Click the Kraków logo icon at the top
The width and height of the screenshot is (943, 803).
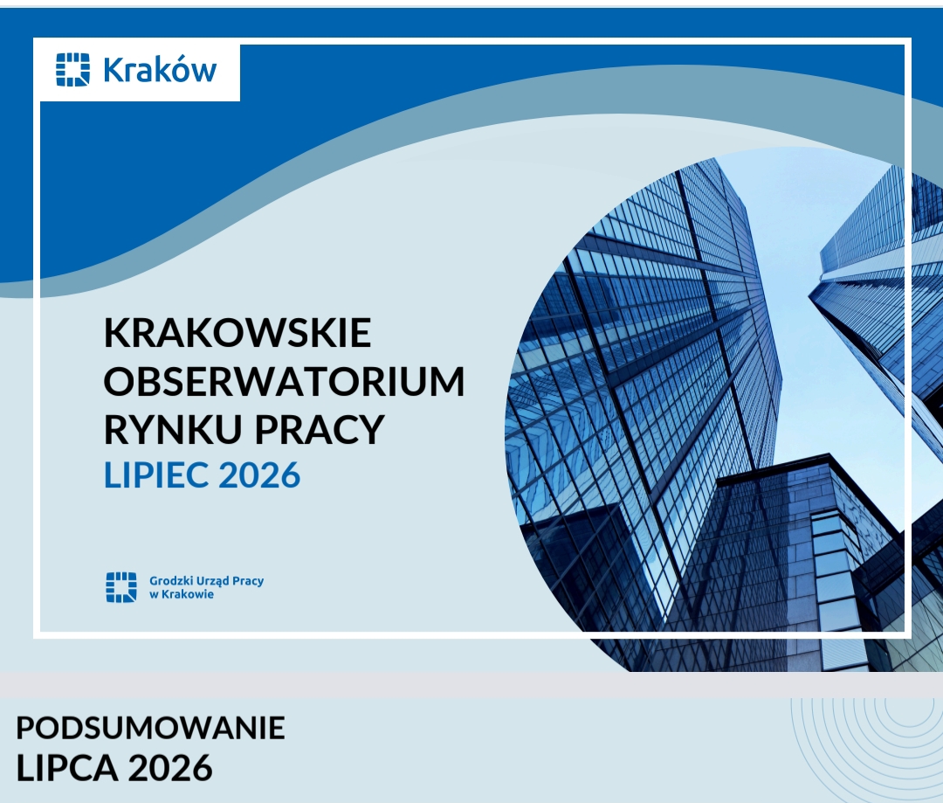(72, 70)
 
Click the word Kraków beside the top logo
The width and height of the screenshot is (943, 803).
(160, 70)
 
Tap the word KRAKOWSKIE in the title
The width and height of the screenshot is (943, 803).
(237, 332)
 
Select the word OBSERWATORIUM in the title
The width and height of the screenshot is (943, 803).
(285, 380)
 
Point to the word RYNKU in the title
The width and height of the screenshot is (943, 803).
(173, 429)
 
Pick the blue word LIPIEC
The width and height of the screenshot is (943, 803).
(156, 475)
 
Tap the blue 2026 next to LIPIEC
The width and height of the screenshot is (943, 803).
(259, 475)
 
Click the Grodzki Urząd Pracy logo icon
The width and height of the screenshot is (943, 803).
(121, 587)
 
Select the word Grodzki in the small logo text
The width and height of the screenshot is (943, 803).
(169, 581)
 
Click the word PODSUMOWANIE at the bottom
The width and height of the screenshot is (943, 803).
(150, 728)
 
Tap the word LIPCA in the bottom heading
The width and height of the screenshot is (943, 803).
(67, 768)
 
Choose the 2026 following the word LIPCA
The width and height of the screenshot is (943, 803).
(170, 768)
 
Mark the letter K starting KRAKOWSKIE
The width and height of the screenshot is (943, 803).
(116, 332)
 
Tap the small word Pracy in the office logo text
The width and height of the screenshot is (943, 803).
(248, 581)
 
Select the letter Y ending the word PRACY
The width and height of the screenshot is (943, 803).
(371, 429)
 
